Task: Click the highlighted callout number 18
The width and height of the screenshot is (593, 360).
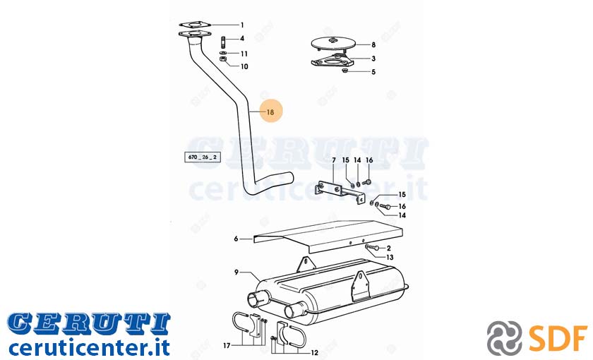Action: click(270, 112)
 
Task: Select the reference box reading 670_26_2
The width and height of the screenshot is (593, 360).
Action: click(203, 157)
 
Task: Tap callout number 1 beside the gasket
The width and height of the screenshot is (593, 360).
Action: click(242, 25)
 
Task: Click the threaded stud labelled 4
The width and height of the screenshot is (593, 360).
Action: click(223, 40)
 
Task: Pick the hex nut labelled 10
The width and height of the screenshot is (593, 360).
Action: click(223, 59)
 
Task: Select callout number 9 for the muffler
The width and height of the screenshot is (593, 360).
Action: click(236, 272)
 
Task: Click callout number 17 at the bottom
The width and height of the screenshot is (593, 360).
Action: click(227, 346)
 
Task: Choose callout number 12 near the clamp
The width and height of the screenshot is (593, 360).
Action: click(314, 353)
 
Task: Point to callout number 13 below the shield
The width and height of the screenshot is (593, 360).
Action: click(390, 257)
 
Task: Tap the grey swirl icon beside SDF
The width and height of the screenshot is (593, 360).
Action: click(505, 337)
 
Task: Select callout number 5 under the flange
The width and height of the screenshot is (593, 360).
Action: click(373, 72)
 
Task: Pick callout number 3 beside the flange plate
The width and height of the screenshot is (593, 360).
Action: click(373, 59)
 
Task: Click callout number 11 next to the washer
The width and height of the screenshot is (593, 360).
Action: click(244, 54)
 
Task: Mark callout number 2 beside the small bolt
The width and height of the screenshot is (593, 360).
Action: click(388, 248)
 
